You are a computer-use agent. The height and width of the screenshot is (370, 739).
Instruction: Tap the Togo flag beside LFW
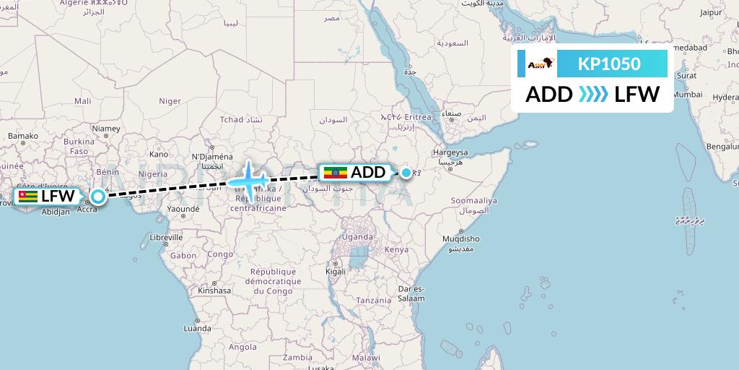tap(28, 196)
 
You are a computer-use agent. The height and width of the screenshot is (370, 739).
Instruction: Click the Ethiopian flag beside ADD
tap(336, 173)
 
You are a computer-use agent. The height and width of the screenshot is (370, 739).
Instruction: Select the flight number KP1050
tap(609, 64)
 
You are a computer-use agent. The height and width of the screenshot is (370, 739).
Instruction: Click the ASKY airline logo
tap(540, 64)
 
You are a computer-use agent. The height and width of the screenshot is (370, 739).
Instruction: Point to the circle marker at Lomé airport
tap(98, 196)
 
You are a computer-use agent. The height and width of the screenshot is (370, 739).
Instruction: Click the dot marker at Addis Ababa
tap(407, 173)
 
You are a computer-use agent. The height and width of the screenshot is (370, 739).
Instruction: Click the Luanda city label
tap(198, 327)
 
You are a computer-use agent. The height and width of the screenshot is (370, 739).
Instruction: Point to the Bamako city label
tap(22, 135)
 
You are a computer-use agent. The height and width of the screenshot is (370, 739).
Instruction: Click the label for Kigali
tap(336, 272)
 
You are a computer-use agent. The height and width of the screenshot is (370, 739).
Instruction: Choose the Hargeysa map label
tap(450, 152)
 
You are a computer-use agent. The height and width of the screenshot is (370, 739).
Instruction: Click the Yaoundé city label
tap(183, 209)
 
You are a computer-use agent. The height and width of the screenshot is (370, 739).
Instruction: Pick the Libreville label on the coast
tap(166, 237)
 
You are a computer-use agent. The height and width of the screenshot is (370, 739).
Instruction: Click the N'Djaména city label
tap(212, 156)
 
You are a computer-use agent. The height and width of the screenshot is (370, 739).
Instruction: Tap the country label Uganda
tap(358, 237)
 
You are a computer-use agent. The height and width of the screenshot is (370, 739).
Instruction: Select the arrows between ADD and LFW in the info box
tap(592, 94)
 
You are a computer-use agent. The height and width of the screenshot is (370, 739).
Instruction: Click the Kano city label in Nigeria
tap(158, 153)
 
